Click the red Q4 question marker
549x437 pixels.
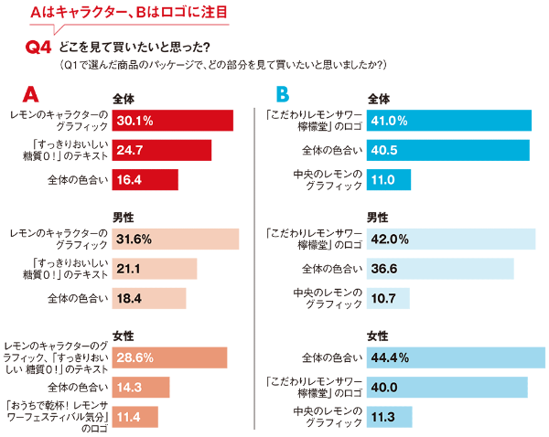(x=41, y=48)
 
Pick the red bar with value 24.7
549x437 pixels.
(x=161, y=150)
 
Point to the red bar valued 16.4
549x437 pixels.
(x=145, y=179)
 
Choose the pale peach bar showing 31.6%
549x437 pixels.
(x=175, y=240)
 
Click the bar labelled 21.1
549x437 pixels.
(x=154, y=269)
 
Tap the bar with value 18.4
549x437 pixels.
(x=148, y=298)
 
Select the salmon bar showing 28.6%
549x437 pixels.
(x=169, y=357)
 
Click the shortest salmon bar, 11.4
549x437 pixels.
(x=135, y=417)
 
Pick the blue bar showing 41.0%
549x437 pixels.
(x=449, y=121)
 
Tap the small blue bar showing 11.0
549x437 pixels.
(x=389, y=179)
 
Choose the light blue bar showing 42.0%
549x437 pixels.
(x=451, y=240)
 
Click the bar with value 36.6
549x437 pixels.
(x=440, y=269)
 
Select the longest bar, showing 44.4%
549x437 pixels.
(x=456, y=357)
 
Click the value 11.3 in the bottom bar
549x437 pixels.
(x=381, y=417)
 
